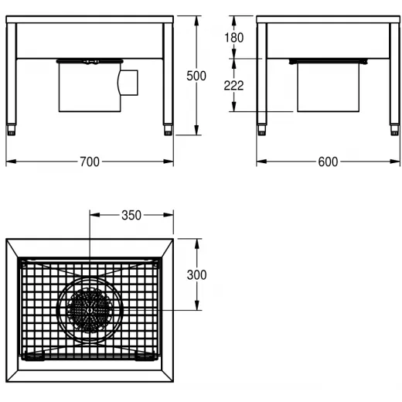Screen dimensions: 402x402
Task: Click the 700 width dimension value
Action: pos(90,162)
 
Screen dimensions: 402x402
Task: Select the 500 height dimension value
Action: pos(196,76)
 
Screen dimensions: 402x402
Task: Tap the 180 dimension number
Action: pos(234,38)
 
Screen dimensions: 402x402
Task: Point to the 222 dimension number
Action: pos(233,86)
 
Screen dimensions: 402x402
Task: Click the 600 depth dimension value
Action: pos(328,162)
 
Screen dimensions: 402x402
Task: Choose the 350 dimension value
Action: pos(131,215)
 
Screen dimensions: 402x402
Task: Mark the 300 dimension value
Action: pos(196,275)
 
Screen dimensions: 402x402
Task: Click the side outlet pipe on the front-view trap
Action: pos(128,83)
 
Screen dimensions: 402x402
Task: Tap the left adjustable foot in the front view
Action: pos(11,130)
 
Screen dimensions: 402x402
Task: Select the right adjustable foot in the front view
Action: pos(168,130)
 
